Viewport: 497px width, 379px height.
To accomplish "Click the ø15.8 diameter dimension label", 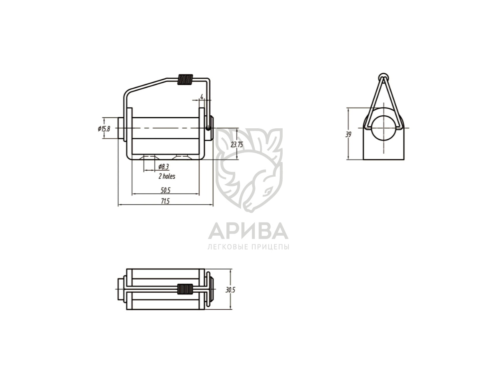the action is click(x=104, y=128).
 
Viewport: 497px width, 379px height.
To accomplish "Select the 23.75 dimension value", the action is click(x=237, y=145).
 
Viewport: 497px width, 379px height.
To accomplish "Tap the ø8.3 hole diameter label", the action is click(x=164, y=167).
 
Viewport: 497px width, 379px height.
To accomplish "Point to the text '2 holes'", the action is click(x=167, y=176).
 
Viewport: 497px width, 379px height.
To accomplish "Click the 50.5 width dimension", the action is click(x=165, y=190).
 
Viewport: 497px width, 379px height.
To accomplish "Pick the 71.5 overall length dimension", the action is click(x=165, y=201).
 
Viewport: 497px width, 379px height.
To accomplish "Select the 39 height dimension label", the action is click(x=348, y=135).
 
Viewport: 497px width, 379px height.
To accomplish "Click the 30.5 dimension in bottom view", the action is click(x=231, y=290).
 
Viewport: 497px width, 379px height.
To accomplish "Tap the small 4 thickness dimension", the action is click(x=201, y=96).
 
